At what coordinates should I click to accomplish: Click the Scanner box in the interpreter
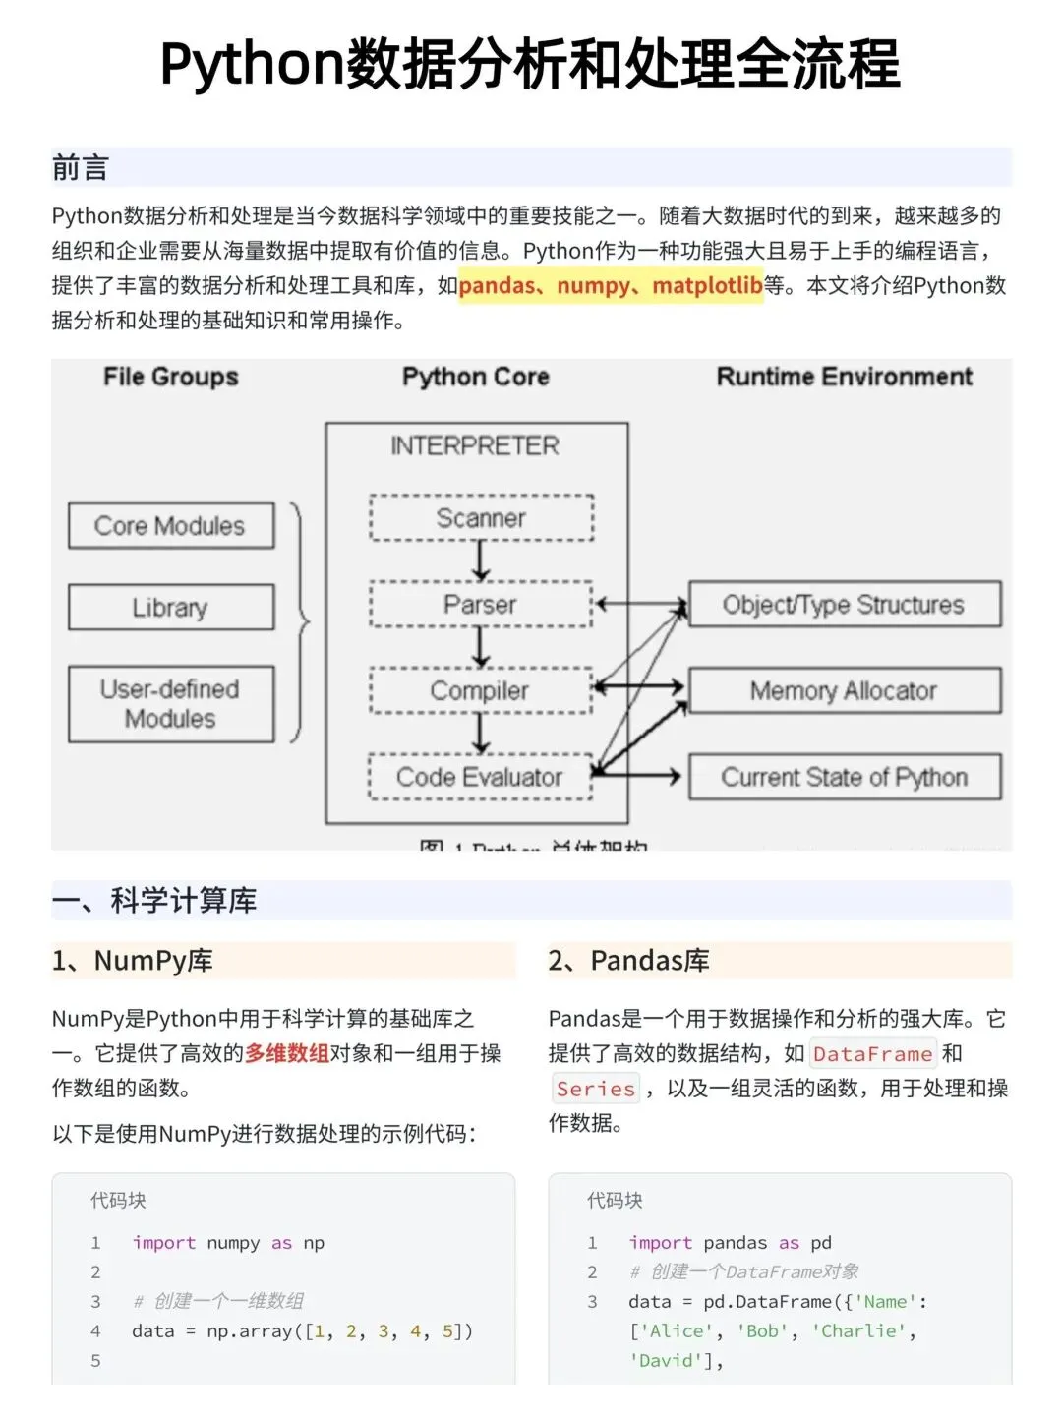481,518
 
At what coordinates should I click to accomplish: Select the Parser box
481,604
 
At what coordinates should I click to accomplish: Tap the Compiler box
481,690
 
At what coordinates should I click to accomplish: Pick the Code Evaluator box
481,777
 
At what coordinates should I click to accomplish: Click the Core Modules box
170,526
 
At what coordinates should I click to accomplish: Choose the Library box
170,608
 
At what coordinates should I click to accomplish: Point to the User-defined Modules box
170,704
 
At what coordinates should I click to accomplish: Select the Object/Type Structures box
844,604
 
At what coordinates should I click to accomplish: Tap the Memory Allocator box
844,690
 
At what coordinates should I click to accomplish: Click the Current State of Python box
844,777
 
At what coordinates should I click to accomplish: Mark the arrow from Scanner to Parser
481,561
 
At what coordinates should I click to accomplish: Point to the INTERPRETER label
475,446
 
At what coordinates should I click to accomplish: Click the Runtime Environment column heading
844,377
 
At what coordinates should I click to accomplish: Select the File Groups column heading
171,377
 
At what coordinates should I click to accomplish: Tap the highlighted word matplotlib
707,286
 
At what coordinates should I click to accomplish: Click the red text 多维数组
287,1053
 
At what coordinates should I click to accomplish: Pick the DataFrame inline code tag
872,1054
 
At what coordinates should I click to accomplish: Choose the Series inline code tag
596,1089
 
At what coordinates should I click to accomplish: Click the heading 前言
81,168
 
